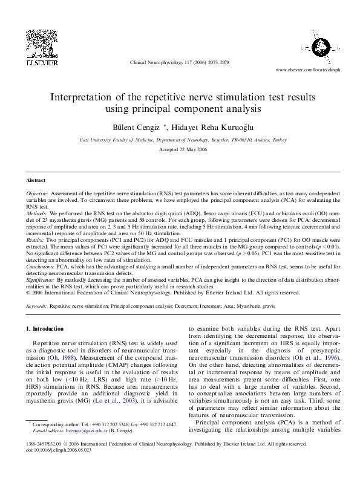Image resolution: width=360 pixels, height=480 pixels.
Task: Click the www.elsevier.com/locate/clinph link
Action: point(307,70)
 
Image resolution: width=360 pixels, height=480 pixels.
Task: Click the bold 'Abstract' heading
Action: point(36,180)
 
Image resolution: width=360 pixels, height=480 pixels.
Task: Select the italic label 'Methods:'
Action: point(36,214)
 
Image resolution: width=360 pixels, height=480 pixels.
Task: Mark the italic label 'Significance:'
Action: point(41,281)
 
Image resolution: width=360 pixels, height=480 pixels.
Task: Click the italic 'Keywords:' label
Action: point(36,306)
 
